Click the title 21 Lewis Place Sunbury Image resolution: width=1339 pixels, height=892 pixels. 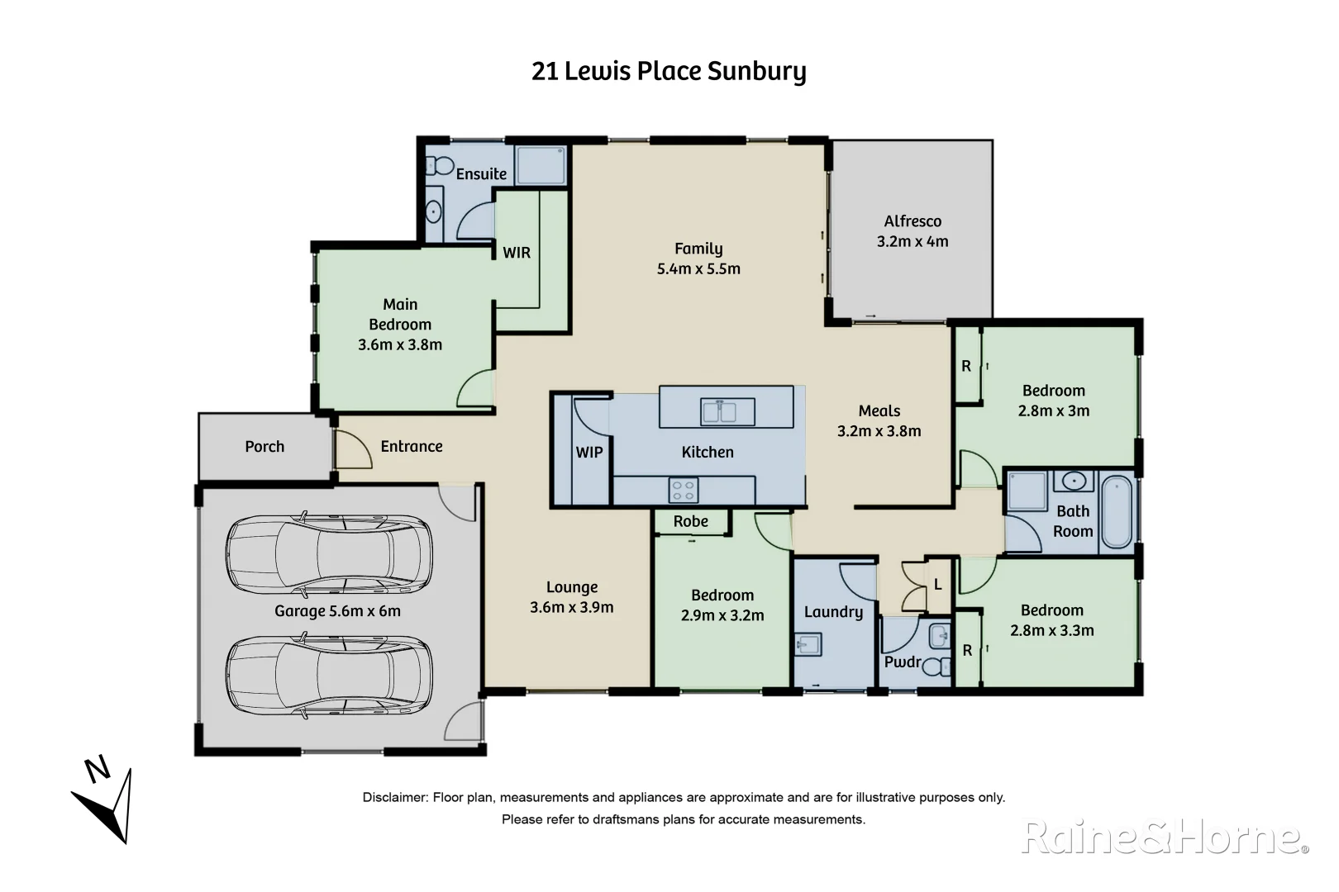click(x=668, y=72)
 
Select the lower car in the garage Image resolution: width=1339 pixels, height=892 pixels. click(x=329, y=676)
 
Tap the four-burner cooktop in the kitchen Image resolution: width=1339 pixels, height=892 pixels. click(x=684, y=490)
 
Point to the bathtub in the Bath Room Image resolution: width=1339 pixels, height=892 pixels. click(x=1117, y=510)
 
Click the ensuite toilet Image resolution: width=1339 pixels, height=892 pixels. click(x=439, y=166)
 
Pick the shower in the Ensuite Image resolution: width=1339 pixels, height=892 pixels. click(x=541, y=165)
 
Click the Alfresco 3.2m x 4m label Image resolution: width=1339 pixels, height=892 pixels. click(x=913, y=231)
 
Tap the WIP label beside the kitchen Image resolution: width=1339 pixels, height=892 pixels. click(x=589, y=453)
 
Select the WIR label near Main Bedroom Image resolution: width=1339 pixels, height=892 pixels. click(x=517, y=253)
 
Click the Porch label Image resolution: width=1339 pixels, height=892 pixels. click(x=264, y=447)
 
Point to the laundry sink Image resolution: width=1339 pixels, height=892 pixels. click(x=808, y=644)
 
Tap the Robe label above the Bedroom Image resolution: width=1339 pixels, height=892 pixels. click(x=690, y=522)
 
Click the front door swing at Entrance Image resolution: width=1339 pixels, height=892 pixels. click(x=351, y=449)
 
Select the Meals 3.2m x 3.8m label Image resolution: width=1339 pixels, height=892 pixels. click(x=879, y=421)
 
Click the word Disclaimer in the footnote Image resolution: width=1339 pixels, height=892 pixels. click(x=394, y=798)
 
